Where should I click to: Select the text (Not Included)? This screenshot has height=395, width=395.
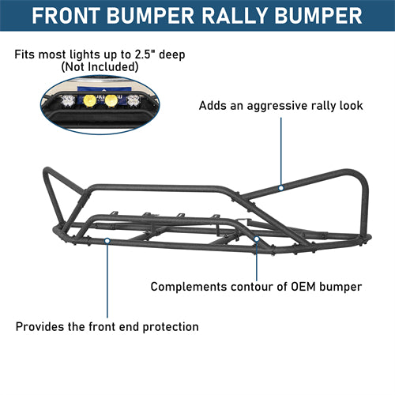point(100,67)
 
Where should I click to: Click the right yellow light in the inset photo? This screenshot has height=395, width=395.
point(111,100)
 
